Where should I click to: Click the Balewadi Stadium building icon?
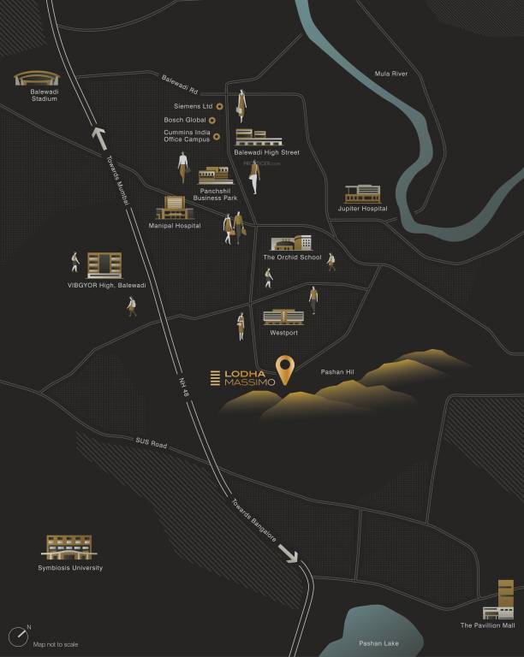coord(35,79)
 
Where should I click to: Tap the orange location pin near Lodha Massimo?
coord(286,370)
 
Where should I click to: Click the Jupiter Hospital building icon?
coord(362,194)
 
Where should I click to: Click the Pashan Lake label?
coord(378,642)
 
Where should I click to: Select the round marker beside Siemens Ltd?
coord(219,106)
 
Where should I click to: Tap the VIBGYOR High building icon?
coord(104,265)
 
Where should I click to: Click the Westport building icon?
coord(283,317)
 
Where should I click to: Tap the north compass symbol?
coord(19,636)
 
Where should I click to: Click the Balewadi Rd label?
coord(180,84)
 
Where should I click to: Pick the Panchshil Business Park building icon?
coord(215,176)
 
